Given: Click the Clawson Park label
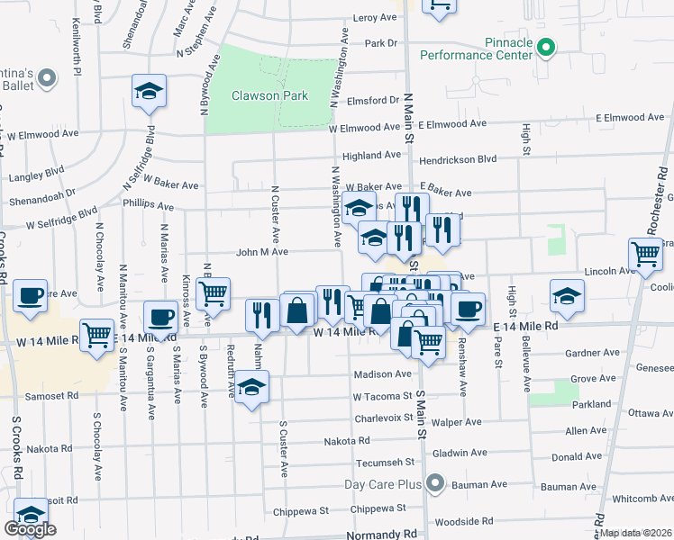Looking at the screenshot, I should (269, 95).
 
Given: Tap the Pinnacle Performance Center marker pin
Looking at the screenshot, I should (545, 46).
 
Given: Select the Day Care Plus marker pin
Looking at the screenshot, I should (436, 484).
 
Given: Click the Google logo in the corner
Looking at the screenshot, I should (30, 530).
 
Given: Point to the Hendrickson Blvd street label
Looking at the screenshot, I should (462, 158).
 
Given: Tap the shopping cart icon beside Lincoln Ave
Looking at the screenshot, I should (645, 256).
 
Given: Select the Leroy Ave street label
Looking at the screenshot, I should (375, 17).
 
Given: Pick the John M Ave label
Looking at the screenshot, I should (262, 252).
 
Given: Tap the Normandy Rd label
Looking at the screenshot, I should (383, 534).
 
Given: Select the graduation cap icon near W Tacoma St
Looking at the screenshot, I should (252, 387).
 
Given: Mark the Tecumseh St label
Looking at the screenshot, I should (360, 464).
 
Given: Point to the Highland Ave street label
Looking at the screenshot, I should (365, 155).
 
